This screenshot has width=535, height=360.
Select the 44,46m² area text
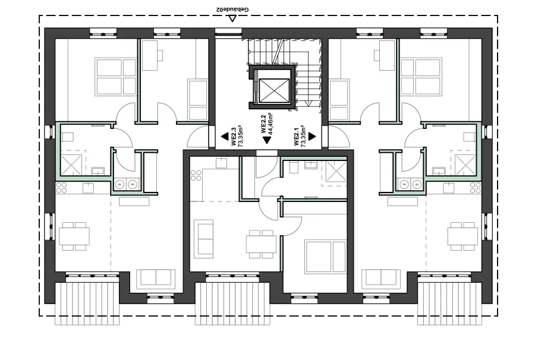(x=269, y=124)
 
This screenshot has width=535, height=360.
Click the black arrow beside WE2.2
(x=266, y=141)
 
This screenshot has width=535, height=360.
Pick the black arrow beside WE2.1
(x=311, y=137)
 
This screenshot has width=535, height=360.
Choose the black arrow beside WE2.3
(x=225, y=137)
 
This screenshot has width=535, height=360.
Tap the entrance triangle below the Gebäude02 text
(x=233, y=18)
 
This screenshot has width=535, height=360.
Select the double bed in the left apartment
(x=116, y=76)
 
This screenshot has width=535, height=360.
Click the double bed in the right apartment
(x=420, y=76)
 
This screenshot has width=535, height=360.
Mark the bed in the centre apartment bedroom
(x=324, y=256)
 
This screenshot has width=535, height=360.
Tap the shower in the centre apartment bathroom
(x=333, y=173)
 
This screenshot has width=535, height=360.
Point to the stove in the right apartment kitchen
(x=476, y=187)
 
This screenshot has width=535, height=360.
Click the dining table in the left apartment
(x=74, y=236)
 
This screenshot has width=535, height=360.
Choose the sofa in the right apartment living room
(x=380, y=277)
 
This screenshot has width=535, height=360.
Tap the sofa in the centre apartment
(x=204, y=238)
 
